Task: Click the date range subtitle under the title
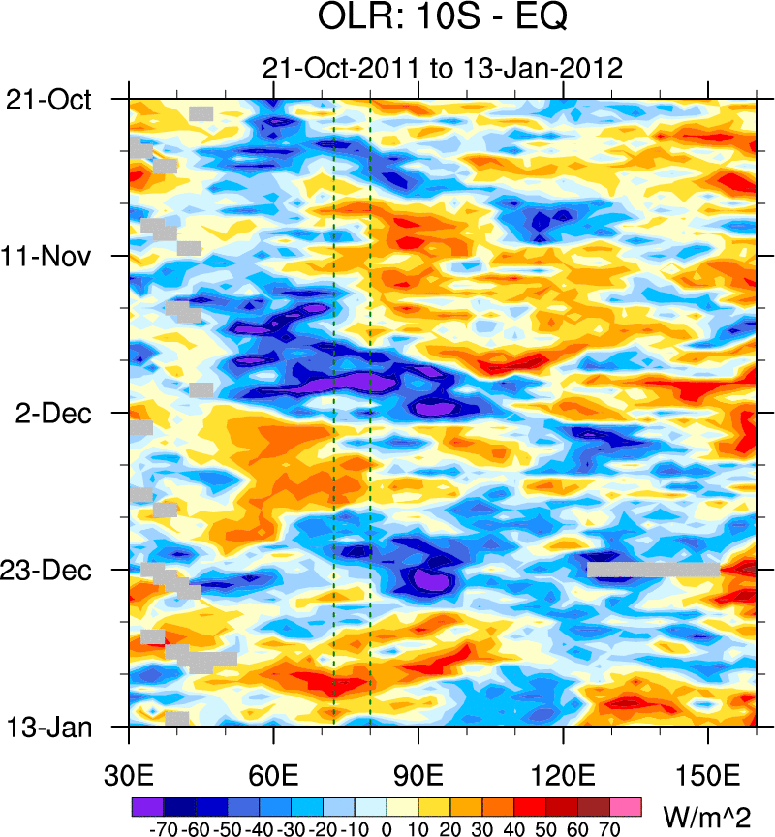click(x=441, y=68)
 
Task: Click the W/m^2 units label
click(x=706, y=811)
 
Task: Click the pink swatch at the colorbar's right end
click(x=626, y=805)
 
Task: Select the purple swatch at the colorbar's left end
click(x=146, y=805)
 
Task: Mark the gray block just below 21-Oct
click(x=201, y=113)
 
